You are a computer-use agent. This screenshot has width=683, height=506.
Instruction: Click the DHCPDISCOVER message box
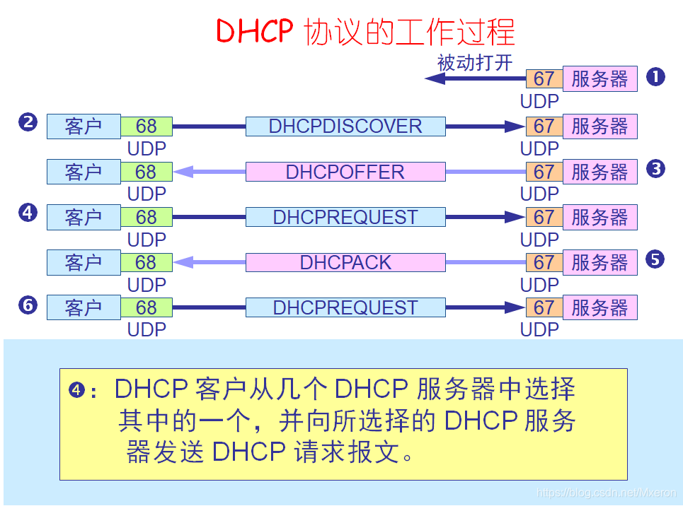345,126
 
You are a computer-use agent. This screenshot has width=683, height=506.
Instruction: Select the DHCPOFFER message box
345,172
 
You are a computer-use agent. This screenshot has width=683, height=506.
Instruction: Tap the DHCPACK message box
345,262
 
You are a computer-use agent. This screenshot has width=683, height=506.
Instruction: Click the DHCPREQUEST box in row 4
345,217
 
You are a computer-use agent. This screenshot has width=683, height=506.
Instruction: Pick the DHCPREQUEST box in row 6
345,307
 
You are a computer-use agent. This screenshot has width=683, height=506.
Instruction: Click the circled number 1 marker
655,77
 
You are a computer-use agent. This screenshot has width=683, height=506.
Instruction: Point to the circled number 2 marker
28,122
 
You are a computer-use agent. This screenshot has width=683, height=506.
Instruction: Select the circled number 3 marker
655,168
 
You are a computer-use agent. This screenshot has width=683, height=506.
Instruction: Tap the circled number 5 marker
655,259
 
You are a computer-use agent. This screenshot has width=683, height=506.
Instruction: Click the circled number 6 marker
28,305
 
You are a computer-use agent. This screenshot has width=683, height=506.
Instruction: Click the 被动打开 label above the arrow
474,63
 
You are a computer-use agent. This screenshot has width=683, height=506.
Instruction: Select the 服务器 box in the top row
599,78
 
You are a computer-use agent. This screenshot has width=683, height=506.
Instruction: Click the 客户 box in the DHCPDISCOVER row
84,126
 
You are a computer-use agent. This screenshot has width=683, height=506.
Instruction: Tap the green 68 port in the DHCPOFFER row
146,172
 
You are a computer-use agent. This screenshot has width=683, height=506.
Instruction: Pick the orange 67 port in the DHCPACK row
544,262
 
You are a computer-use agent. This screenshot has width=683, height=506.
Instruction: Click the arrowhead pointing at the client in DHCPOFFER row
183,172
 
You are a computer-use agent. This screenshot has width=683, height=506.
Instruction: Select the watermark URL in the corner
607,493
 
